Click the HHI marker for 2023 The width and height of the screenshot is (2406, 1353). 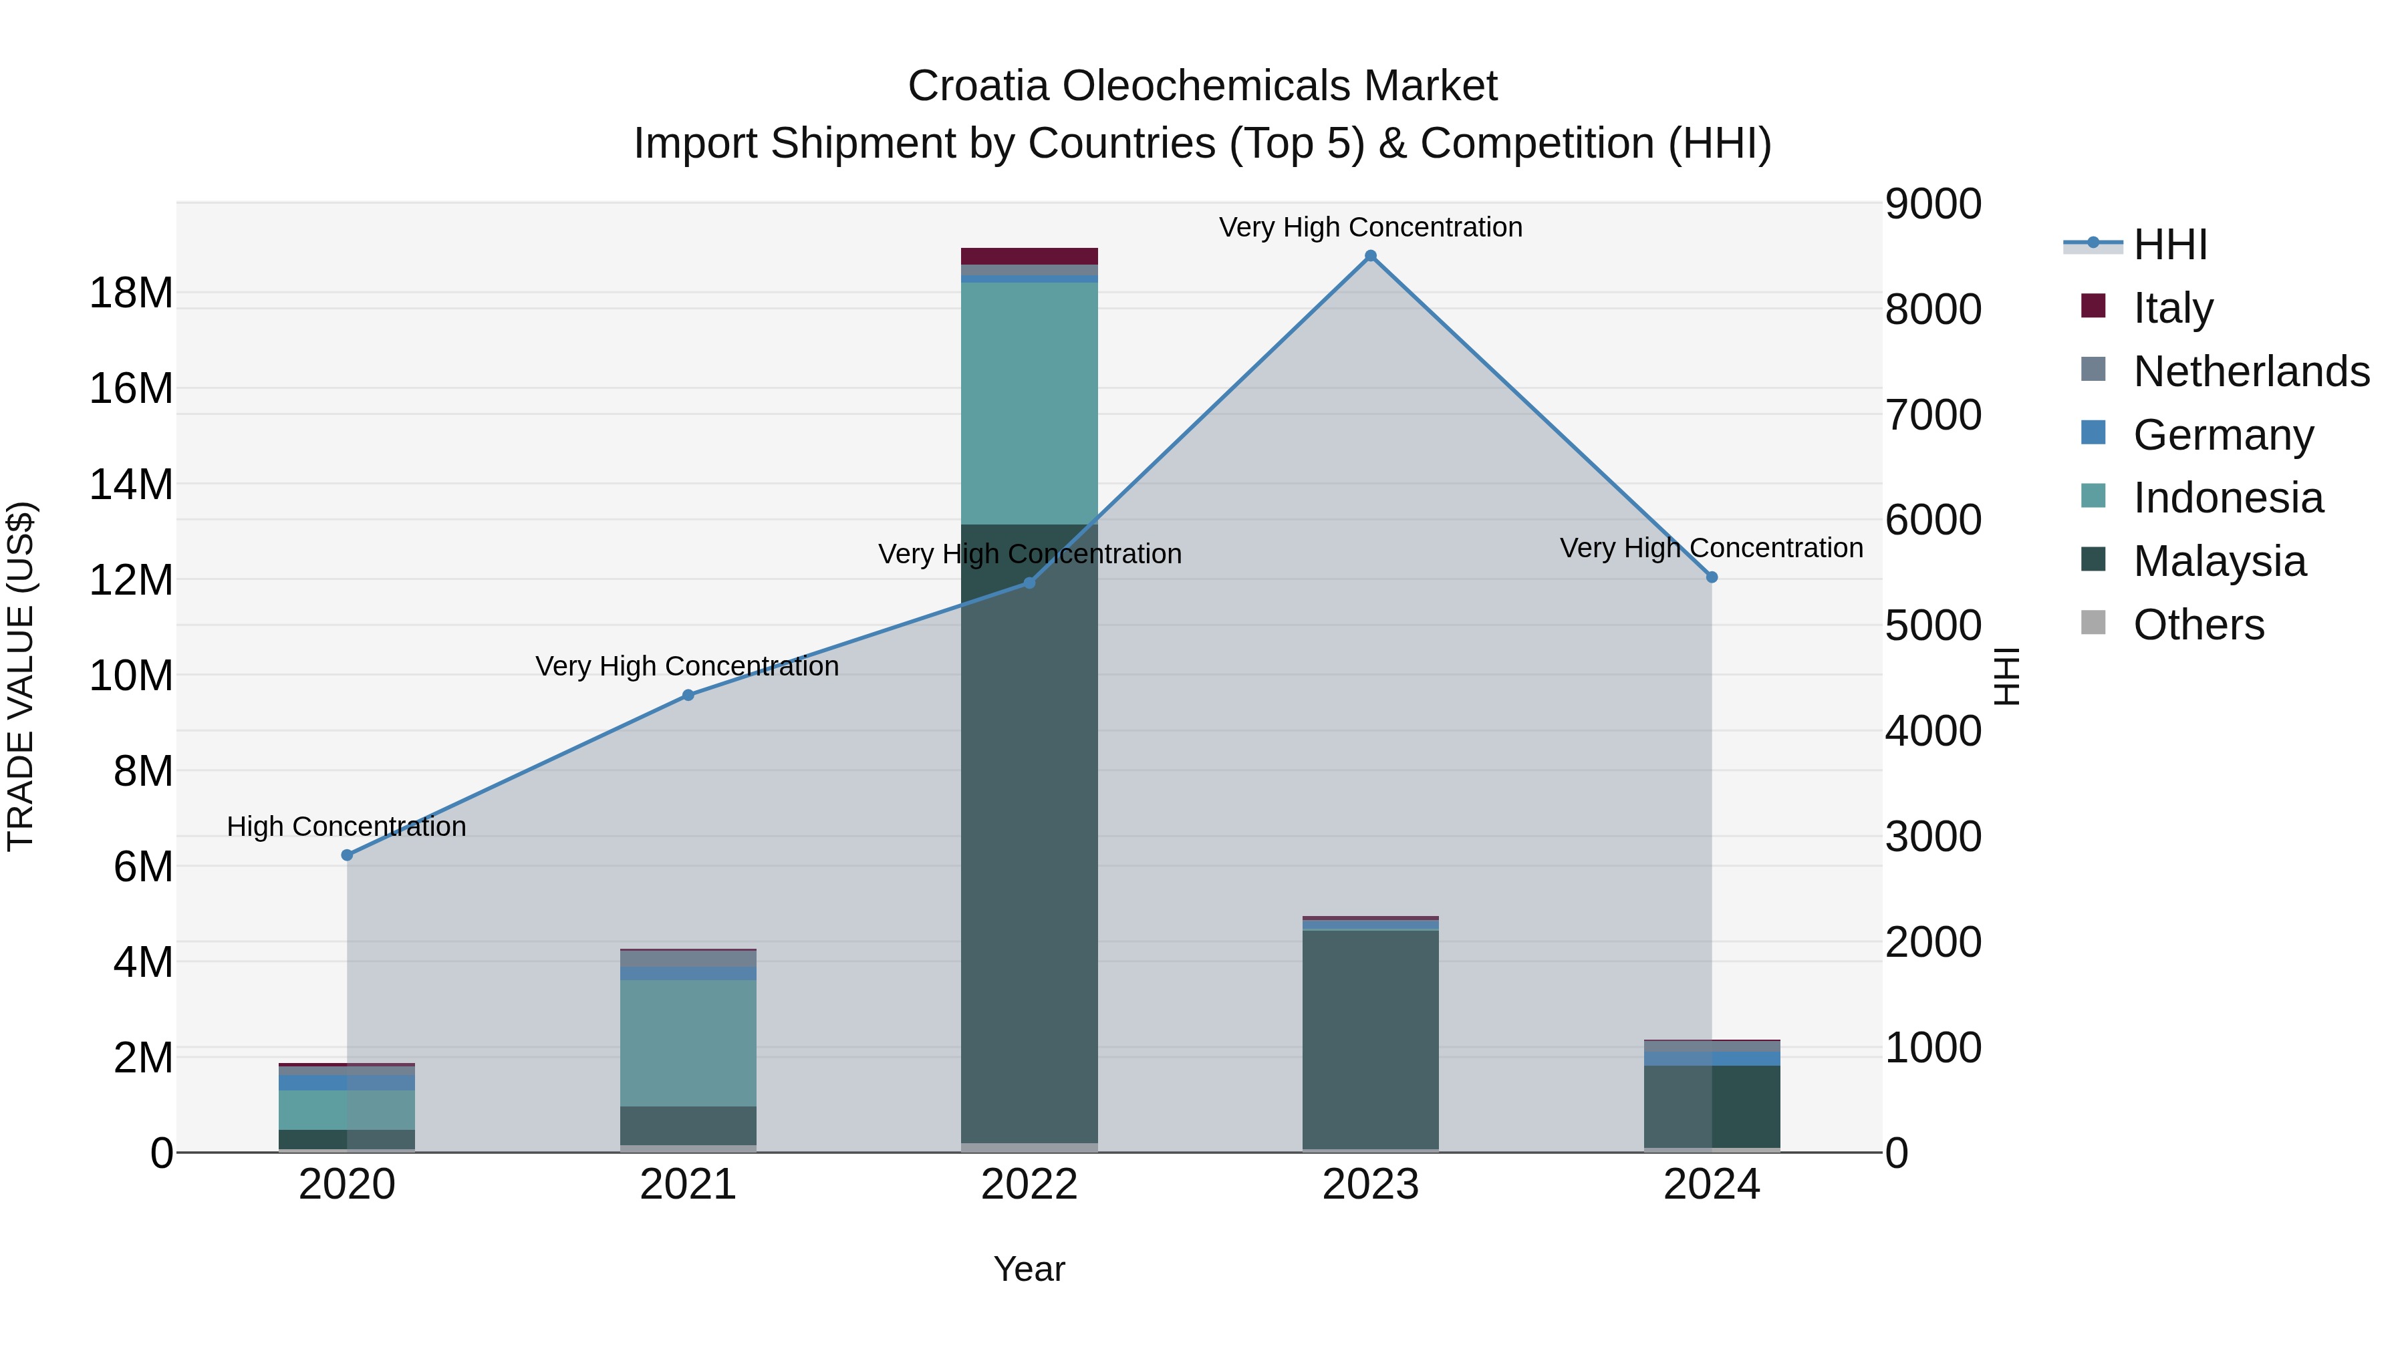pos(1370,256)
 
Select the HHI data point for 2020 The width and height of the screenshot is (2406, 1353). pos(348,855)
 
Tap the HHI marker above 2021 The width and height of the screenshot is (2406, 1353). pos(688,695)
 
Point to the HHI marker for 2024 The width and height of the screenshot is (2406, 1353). pos(1712,577)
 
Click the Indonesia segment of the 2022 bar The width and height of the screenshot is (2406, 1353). pos(1029,402)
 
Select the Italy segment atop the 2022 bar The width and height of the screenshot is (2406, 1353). pos(1029,256)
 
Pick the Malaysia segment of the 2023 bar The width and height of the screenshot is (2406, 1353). pos(1370,1036)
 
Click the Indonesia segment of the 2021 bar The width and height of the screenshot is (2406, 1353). pos(688,1042)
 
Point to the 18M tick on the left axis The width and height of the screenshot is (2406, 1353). pos(131,293)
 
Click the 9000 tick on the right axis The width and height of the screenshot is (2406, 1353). pos(1931,204)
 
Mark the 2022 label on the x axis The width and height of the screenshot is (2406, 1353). pos(1029,1185)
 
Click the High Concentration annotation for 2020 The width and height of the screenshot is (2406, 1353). pos(346,826)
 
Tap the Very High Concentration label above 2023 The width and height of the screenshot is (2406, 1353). pos(1370,227)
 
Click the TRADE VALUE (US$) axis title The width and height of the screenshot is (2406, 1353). pos(21,676)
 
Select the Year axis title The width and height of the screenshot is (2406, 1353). pos(1029,1269)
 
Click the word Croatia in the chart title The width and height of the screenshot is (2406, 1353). pos(978,86)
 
